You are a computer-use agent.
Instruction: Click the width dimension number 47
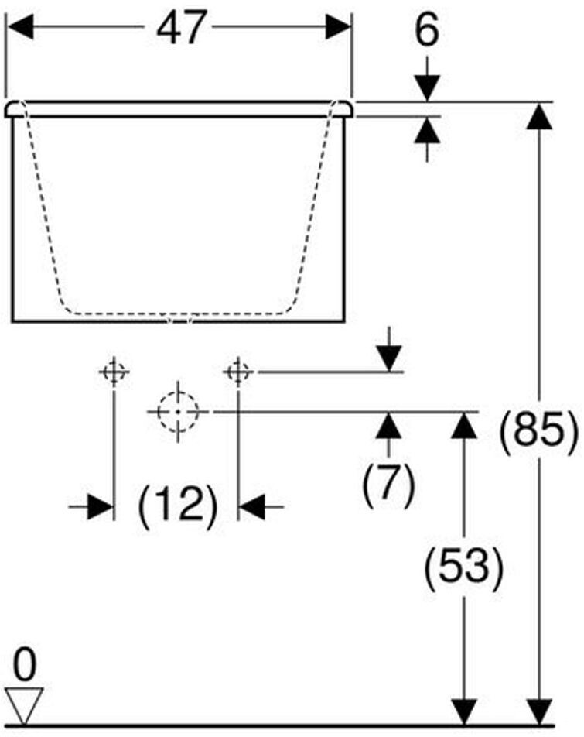click(182, 29)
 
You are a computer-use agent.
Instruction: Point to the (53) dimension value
click(464, 567)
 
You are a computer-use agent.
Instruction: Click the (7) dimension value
click(389, 485)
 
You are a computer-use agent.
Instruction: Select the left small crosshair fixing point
click(114, 372)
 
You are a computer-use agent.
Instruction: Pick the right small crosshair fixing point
click(238, 372)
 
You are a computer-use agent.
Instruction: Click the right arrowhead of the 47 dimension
click(338, 29)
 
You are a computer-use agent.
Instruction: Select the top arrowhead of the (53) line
click(464, 424)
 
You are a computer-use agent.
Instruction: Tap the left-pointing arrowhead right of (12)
click(252, 507)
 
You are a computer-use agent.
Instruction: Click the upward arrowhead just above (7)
click(389, 425)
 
